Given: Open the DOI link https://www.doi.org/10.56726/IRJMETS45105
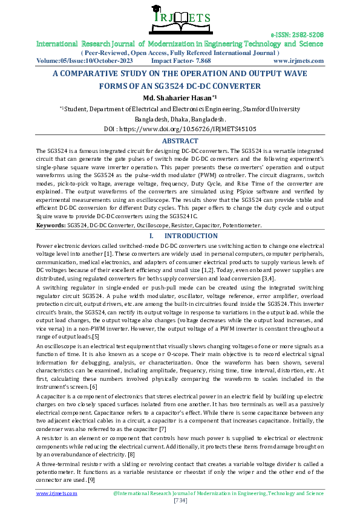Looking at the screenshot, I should tap(180, 129).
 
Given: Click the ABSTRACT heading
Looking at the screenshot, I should tap(180, 141).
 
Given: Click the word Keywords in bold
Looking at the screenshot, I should tap(51, 225).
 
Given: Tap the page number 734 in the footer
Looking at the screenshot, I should tap(180, 501).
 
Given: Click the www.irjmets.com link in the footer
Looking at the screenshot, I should tap(57, 493).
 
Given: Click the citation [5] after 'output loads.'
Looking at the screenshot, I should tap(95, 336).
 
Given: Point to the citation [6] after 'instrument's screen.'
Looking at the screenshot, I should tap(93, 386).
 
